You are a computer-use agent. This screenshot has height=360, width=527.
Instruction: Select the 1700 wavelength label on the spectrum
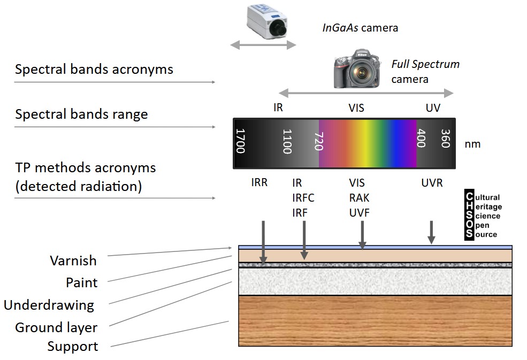[x=240, y=141]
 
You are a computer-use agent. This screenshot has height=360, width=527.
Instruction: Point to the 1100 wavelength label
[x=287, y=141]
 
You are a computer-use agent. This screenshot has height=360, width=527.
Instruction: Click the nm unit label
[x=472, y=144]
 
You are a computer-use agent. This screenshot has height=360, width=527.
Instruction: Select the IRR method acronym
[x=259, y=183]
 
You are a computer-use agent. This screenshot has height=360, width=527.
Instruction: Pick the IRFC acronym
[x=303, y=198]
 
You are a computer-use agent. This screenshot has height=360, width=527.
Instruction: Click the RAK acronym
[x=359, y=198]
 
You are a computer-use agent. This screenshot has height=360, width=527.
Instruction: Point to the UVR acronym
[x=432, y=183]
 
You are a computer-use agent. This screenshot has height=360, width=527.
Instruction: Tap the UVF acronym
[x=359, y=213]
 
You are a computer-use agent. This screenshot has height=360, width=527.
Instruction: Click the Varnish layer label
[x=73, y=261]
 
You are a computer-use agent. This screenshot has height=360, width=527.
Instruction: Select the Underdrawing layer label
[x=49, y=305]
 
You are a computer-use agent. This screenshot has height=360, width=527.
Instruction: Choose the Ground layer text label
[x=56, y=327]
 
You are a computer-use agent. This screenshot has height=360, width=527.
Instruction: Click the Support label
[x=73, y=347]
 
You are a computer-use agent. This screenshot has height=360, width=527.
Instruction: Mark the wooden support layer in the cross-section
[x=375, y=321]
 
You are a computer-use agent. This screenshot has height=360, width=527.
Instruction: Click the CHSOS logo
[x=482, y=216]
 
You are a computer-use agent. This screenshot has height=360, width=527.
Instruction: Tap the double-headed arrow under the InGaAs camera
[x=263, y=45]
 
